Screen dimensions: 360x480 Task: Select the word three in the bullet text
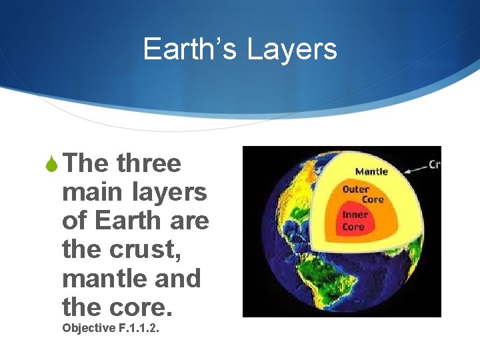pyautogui.click(x=148, y=163)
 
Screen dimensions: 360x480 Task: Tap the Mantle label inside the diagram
pyautogui.click(x=371, y=171)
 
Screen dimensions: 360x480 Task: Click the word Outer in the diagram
pyautogui.click(x=355, y=189)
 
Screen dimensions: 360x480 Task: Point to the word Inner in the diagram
pyautogui.click(x=355, y=215)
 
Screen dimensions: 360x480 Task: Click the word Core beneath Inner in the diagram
pyautogui.click(x=353, y=227)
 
